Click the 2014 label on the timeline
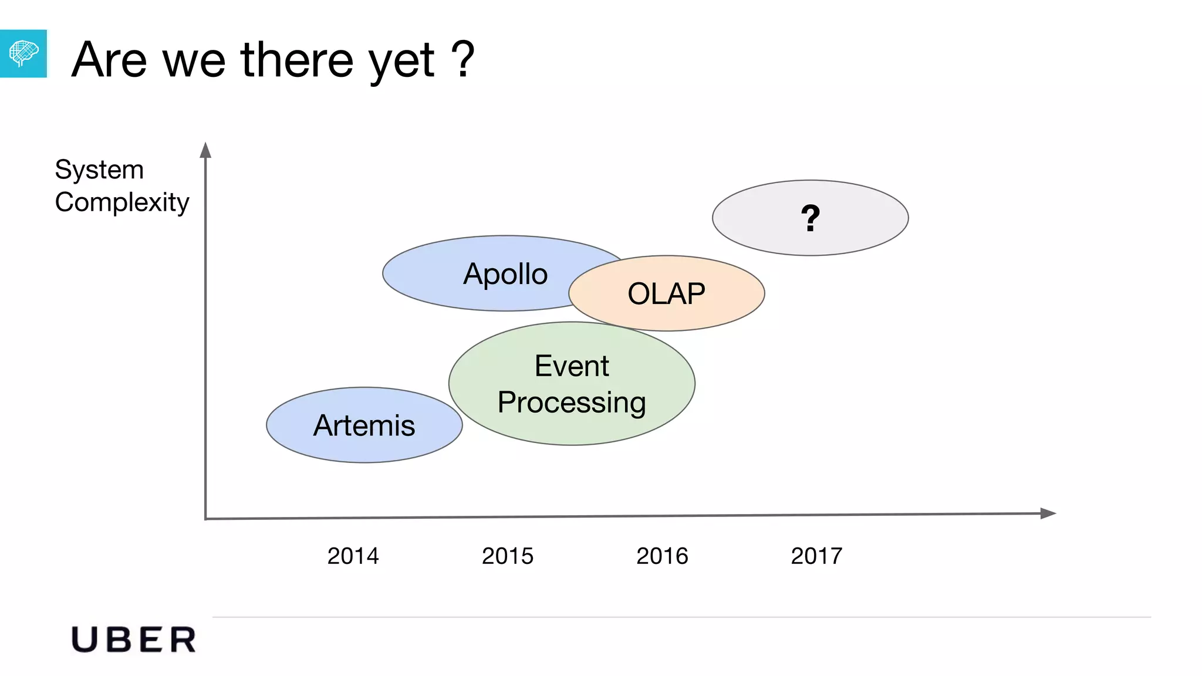353,556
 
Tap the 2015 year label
508,556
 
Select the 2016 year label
662,556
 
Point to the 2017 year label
816,556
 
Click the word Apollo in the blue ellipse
505,274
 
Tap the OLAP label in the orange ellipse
666,293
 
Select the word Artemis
364,425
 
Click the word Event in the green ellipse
572,366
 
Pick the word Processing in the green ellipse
572,403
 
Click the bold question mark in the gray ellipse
811,218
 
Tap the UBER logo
134,640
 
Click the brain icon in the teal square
23,53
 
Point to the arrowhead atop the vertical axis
205,150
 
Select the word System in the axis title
99,170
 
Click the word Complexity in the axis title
122,202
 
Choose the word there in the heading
297,60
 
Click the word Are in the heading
109,60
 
